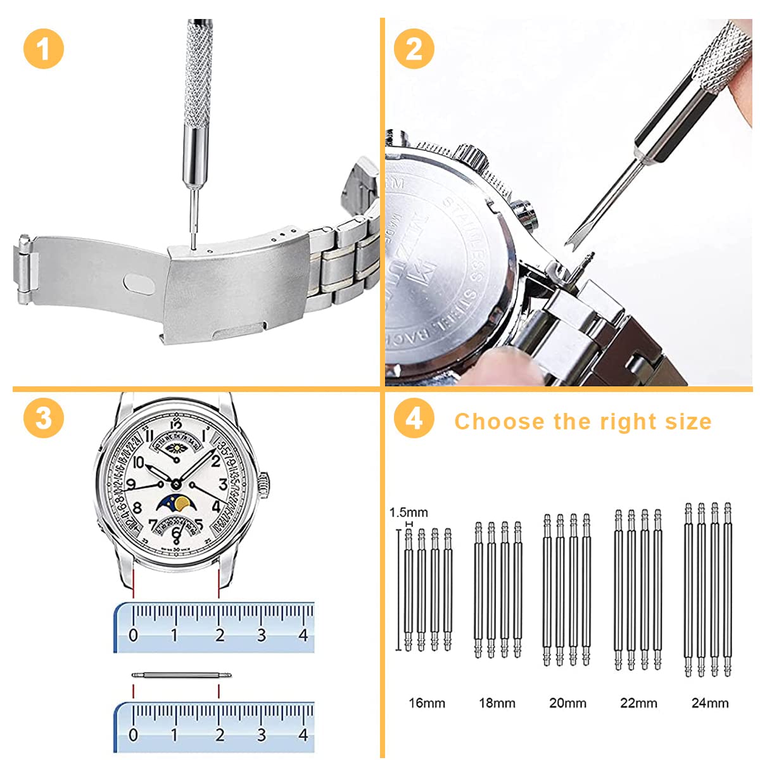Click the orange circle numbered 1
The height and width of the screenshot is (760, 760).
click(x=43, y=48)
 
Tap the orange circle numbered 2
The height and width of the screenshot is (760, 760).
click(x=414, y=48)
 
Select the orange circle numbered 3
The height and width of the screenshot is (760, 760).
click(x=43, y=418)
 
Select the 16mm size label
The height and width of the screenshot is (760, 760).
click(x=427, y=703)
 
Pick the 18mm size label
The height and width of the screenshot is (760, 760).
click(x=497, y=703)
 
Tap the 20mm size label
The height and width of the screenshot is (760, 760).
click(x=567, y=703)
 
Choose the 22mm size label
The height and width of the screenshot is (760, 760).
click(x=638, y=703)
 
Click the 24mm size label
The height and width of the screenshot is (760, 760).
click(x=710, y=703)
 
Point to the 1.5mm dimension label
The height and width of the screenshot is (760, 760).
click(x=408, y=512)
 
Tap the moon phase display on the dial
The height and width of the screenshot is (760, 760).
click(x=175, y=503)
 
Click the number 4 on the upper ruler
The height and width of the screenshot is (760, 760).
click(x=303, y=635)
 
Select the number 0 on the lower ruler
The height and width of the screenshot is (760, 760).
click(x=133, y=735)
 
